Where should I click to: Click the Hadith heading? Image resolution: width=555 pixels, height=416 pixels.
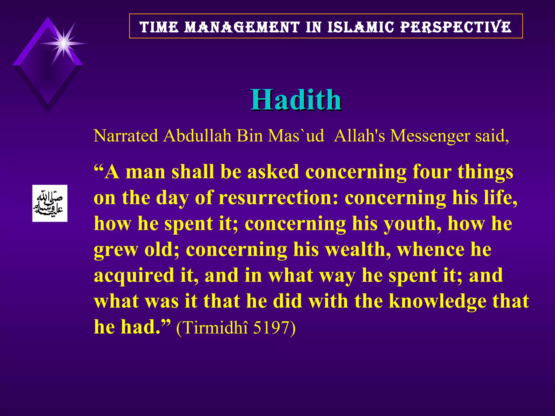click(296, 100)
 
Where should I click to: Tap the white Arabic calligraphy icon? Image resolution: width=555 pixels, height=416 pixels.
click(50, 203)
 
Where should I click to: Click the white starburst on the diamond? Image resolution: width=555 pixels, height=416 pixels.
click(63, 43)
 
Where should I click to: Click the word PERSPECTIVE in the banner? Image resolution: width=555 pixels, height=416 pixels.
click(456, 27)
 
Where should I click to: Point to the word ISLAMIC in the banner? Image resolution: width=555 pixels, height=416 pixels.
click(361, 27)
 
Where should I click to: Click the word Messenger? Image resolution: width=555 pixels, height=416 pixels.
click(430, 136)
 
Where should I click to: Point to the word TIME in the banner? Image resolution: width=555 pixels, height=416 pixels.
click(159, 27)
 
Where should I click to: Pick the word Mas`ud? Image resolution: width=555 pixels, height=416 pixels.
click(296, 135)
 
